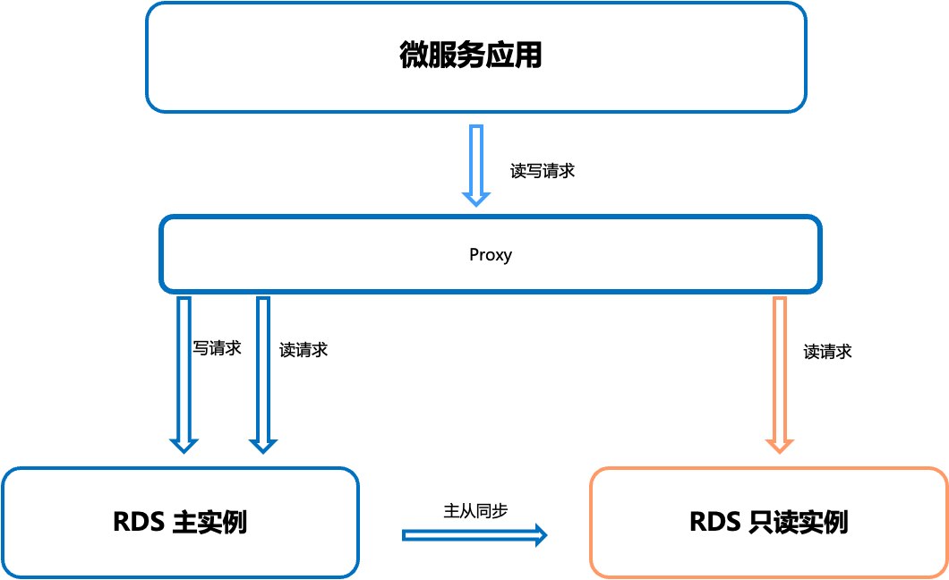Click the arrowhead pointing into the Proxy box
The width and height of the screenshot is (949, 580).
click(x=475, y=197)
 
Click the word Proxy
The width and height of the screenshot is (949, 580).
click(x=491, y=255)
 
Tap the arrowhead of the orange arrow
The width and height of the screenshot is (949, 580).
click(x=779, y=444)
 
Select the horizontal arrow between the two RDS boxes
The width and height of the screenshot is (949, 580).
click(x=470, y=535)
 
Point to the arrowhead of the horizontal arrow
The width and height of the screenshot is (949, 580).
click(x=539, y=535)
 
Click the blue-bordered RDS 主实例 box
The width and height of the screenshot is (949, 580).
click(x=179, y=555)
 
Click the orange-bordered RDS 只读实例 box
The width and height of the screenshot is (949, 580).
click(x=768, y=555)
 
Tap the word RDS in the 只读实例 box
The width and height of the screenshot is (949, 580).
click(x=714, y=522)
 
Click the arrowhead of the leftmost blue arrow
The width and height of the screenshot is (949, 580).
click(x=184, y=444)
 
